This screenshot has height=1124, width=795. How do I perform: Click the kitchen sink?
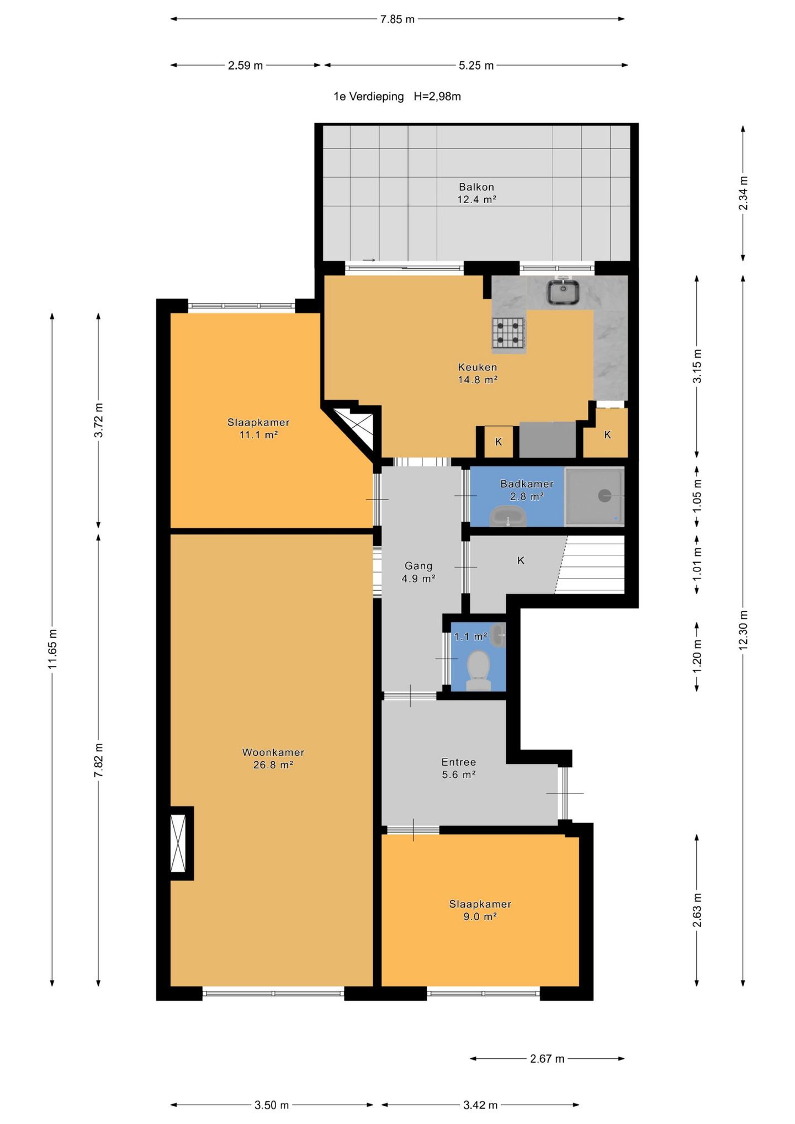tap(563, 291)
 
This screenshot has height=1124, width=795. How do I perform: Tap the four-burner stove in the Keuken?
tap(508, 333)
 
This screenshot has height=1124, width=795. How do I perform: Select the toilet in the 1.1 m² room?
tap(478, 670)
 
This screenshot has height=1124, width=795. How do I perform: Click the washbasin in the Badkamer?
tap(508, 516)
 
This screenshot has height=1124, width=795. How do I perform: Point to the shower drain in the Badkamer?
tap(605, 495)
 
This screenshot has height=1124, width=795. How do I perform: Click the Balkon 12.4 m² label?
tap(476, 193)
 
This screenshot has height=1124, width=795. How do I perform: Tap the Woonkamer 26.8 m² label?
tap(273, 758)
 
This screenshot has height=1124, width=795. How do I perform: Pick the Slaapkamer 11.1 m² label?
tap(258, 428)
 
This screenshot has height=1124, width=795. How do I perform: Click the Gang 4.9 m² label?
tap(418, 572)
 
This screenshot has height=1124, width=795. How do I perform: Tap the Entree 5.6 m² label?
tap(459, 768)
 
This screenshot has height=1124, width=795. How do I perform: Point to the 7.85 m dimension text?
tap(397, 19)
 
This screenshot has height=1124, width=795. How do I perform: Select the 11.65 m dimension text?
tap(52, 649)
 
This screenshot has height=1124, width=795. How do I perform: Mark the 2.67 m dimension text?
tap(547, 1058)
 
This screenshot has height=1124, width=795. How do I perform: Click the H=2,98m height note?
tap(437, 97)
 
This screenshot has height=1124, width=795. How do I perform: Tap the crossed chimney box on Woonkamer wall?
tap(178, 843)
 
